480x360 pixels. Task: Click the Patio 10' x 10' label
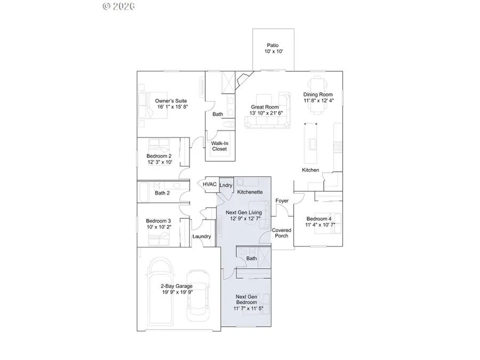(273, 49)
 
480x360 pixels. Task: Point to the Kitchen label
(310, 170)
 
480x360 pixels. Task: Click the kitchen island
(310, 142)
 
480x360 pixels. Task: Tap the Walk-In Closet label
(219, 146)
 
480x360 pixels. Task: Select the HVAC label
(209, 185)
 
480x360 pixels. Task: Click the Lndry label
(226, 185)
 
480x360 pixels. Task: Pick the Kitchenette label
(250, 191)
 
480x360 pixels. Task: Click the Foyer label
(282, 201)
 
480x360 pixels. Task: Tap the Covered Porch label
(282, 233)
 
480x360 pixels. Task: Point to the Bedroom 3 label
(158, 221)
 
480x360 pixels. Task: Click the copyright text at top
(118, 6)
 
